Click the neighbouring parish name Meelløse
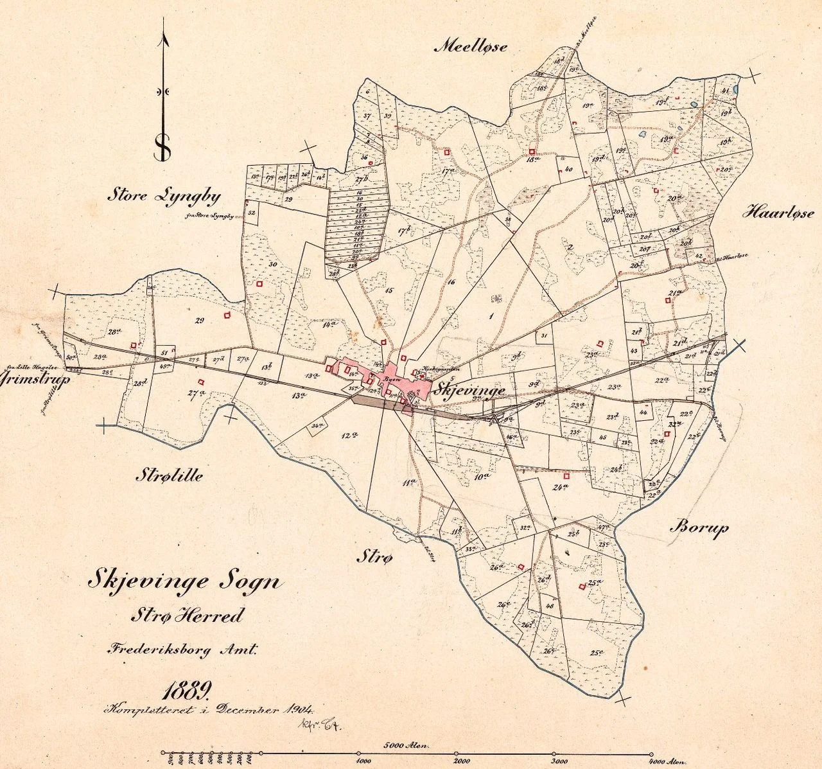(x=472, y=46)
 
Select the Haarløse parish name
(x=778, y=213)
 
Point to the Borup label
(x=700, y=528)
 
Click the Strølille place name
(x=169, y=475)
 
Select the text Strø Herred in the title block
(x=187, y=615)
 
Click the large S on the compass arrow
(x=163, y=148)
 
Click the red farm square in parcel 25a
(x=581, y=585)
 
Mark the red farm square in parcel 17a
(x=446, y=152)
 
